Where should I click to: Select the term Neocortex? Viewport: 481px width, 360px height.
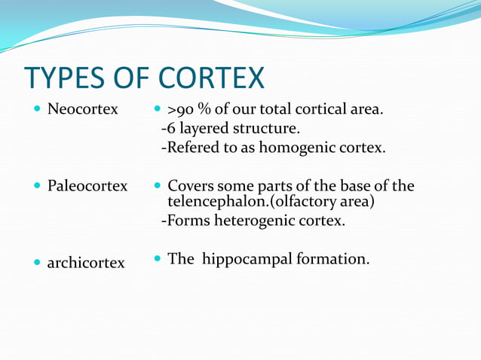click(x=83, y=110)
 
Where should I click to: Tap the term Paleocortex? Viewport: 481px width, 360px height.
click(x=87, y=185)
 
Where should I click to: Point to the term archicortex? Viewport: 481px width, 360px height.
click(x=86, y=264)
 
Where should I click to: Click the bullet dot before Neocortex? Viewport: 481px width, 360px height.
click(x=38, y=110)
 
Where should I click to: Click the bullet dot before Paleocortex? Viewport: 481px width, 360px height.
click(x=38, y=185)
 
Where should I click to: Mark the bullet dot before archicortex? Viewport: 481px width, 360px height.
click(x=38, y=263)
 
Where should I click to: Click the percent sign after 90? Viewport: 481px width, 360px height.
click(x=204, y=110)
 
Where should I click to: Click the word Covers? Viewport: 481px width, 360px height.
click(x=188, y=185)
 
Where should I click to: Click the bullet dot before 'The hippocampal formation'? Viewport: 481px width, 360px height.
click(x=158, y=258)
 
